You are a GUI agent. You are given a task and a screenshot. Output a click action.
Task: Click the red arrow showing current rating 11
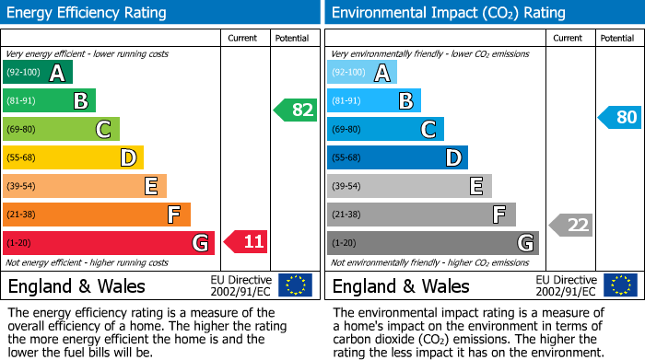(x=246, y=242)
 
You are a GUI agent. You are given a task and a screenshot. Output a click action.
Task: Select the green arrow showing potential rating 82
(x=296, y=110)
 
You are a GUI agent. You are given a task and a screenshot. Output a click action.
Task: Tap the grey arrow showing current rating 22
(x=571, y=225)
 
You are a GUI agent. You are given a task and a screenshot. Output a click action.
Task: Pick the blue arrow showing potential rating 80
(x=620, y=117)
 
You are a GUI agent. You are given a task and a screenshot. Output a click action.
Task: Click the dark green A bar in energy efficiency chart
(x=38, y=73)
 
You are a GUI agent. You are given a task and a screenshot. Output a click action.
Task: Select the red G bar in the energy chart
(x=109, y=243)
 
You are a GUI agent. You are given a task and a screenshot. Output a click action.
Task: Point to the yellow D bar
(x=73, y=158)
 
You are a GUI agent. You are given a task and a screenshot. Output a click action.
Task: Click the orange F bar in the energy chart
(x=97, y=215)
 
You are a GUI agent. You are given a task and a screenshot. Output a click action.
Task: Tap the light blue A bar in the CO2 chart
(x=362, y=73)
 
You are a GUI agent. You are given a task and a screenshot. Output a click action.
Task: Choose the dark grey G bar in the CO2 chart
(x=432, y=243)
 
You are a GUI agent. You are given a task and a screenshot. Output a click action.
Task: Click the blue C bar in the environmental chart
(x=385, y=130)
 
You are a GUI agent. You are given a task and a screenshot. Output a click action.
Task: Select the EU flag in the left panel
(x=295, y=285)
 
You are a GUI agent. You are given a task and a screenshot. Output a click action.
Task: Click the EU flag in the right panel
(x=619, y=285)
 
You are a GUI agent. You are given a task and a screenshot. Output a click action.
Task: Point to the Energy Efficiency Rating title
(x=88, y=13)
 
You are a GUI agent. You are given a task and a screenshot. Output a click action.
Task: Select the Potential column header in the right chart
(x=617, y=38)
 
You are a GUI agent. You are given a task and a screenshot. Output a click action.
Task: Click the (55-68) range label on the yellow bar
(x=23, y=158)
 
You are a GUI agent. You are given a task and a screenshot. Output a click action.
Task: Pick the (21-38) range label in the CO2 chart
(x=347, y=215)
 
